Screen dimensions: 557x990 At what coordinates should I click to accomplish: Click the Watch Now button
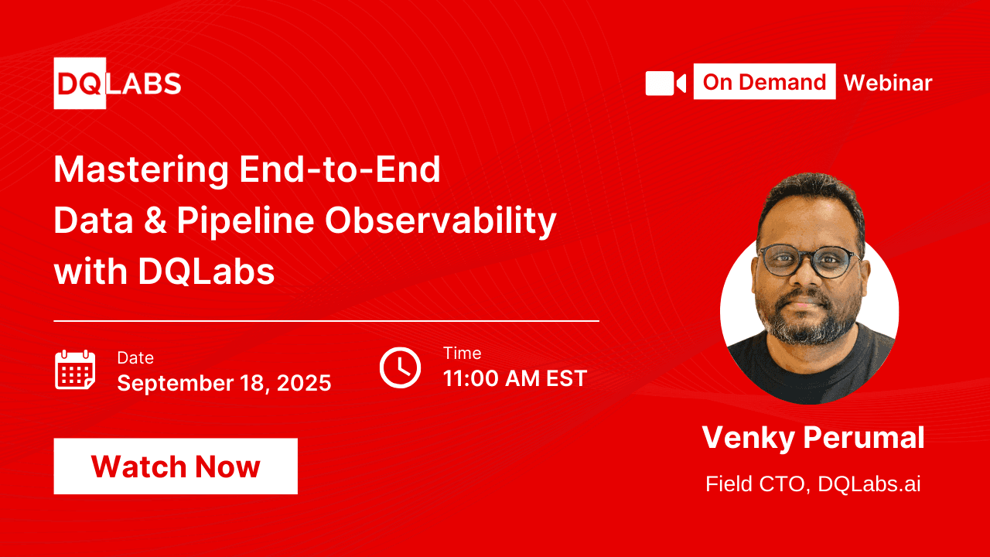click(176, 466)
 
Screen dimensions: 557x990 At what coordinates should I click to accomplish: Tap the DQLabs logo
click(118, 84)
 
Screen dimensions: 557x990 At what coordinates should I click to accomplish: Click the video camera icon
click(665, 83)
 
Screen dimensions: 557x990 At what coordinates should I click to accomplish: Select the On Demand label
click(764, 82)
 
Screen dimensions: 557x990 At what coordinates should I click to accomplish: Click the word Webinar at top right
click(888, 83)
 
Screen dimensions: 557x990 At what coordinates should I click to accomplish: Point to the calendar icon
click(75, 370)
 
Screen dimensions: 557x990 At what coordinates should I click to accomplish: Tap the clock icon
click(400, 367)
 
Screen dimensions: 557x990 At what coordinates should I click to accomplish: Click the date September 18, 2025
click(224, 383)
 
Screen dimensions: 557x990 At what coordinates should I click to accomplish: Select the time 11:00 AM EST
click(515, 378)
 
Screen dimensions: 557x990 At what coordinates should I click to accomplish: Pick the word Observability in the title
click(440, 222)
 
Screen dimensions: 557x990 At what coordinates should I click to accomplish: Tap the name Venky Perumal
click(813, 438)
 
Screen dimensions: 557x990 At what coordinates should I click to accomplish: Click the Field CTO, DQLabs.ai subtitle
click(813, 485)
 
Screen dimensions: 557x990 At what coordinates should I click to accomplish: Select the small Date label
click(135, 358)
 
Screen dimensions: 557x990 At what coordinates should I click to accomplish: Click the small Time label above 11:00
click(463, 354)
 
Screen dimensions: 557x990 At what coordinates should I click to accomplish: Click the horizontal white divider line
click(326, 320)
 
